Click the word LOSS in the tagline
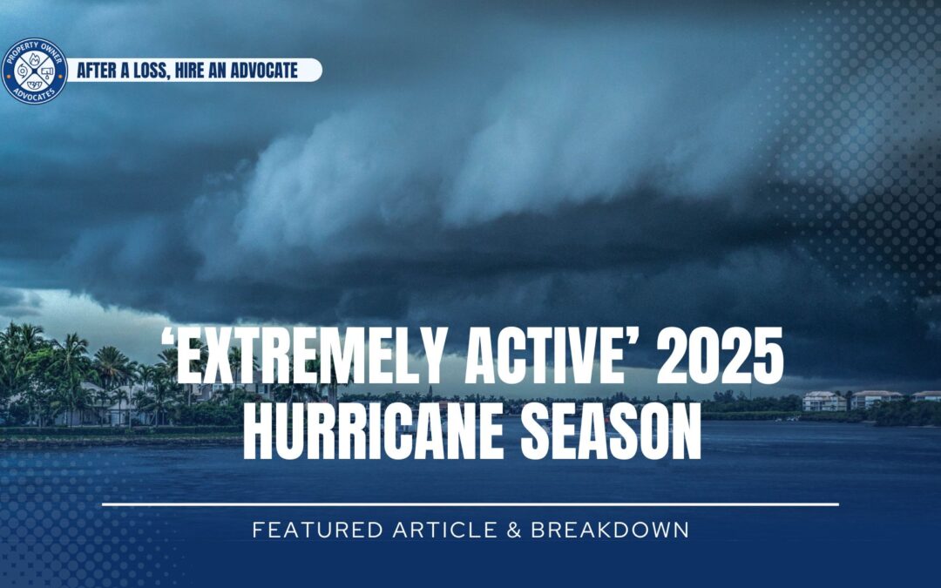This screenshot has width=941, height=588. click(x=145, y=71)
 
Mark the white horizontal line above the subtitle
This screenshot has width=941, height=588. click(x=470, y=504)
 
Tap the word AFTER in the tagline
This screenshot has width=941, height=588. click(x=99, y=71)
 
